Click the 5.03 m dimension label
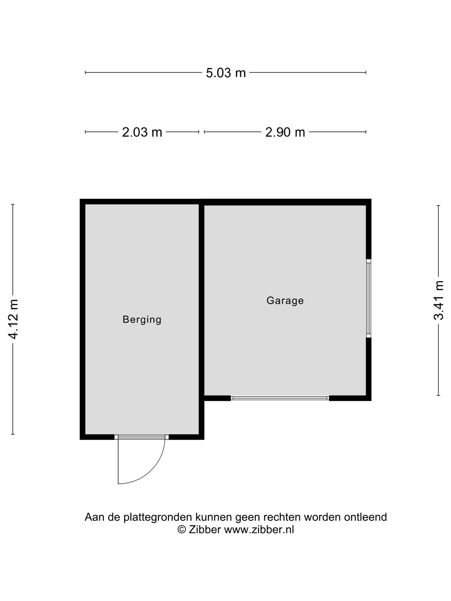point(225,73)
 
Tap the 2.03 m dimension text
point(142,132)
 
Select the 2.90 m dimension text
point(285,132)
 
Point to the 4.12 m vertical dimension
point(13,319)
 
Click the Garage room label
point(285,300)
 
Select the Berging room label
point(142,319)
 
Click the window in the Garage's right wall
point(369,298)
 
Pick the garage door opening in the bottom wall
point(280,398)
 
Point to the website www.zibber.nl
point(259,530)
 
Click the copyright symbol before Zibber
point(181,530)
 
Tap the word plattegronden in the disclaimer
point(158,517)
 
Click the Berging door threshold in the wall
point(142,437)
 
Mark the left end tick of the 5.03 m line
point(86,73)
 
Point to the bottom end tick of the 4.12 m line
point(13,434)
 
